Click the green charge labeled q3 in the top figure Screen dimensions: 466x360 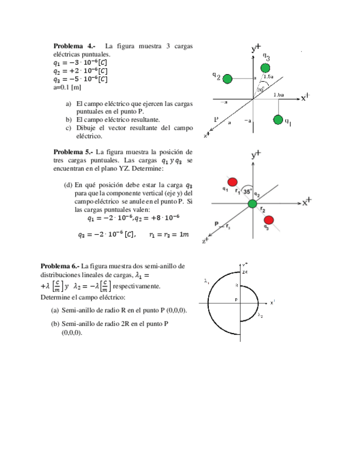pyautogui.click(x=265, y=68)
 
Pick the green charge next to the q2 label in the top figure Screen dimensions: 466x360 pyautogui.click(x=228, y=79)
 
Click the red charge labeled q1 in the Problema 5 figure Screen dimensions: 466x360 pyautogui.click(x=232, y=182)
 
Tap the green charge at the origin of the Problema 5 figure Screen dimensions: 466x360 pyautogui.click(x=252, y=204)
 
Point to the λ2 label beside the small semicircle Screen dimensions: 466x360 pyautogui.click(x=261, y=315)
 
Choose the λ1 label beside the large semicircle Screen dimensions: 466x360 pyautogui.click(x=207, y=281)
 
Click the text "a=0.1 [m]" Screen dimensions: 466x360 pyautogui.click(x=67, y=87)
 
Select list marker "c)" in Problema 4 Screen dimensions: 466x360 pyautogui.click(x=69, y=127)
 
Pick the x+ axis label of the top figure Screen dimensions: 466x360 pyautogui.click(x=306, y=98)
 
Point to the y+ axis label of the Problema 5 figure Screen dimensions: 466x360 pyautogui.click(x=256, y=156)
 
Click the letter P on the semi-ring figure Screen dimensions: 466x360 pyautogui.click(x=236, y=299)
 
